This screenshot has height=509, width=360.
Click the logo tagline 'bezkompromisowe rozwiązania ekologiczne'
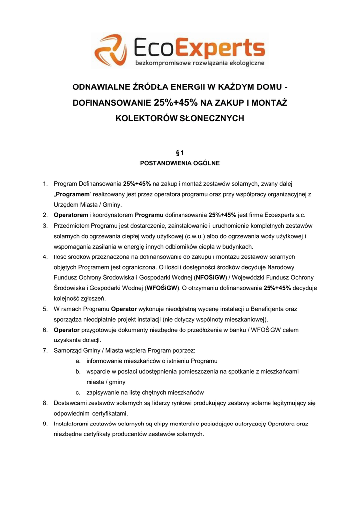(200, 63)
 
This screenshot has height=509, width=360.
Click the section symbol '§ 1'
(180, 153)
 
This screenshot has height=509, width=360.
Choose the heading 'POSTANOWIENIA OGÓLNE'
(180, 163)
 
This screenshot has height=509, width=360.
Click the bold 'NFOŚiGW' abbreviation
(211, 277)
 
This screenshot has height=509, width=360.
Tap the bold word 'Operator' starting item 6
(67, 330)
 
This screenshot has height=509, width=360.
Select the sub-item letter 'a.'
(79, 361)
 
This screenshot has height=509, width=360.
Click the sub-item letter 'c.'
(79, 392)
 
